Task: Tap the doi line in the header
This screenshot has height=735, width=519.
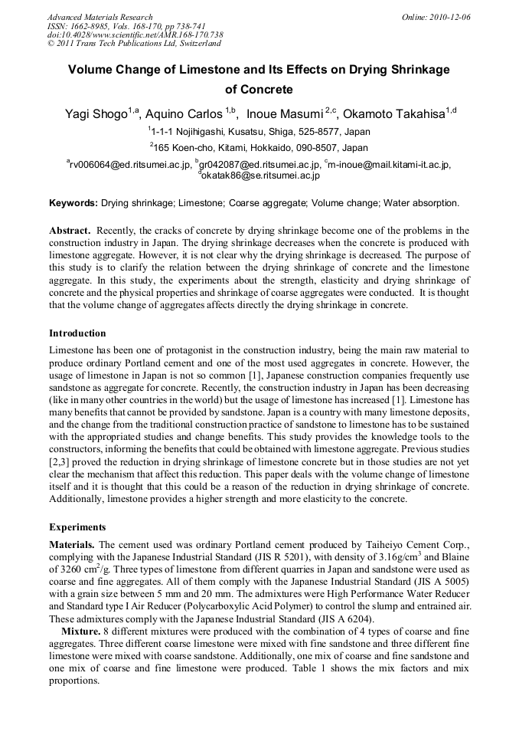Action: [135, 35]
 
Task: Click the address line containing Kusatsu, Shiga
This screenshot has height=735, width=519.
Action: [259, 132]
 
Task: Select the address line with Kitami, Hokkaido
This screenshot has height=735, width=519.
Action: [259, 147]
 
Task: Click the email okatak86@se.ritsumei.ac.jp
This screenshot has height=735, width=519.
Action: [260, 176]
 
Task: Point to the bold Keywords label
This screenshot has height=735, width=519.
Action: [73, 203]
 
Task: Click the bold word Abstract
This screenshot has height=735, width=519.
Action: [70, 231]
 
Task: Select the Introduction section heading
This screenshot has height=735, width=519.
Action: [77, 333]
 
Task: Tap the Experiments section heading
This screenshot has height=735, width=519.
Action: [77, 527]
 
